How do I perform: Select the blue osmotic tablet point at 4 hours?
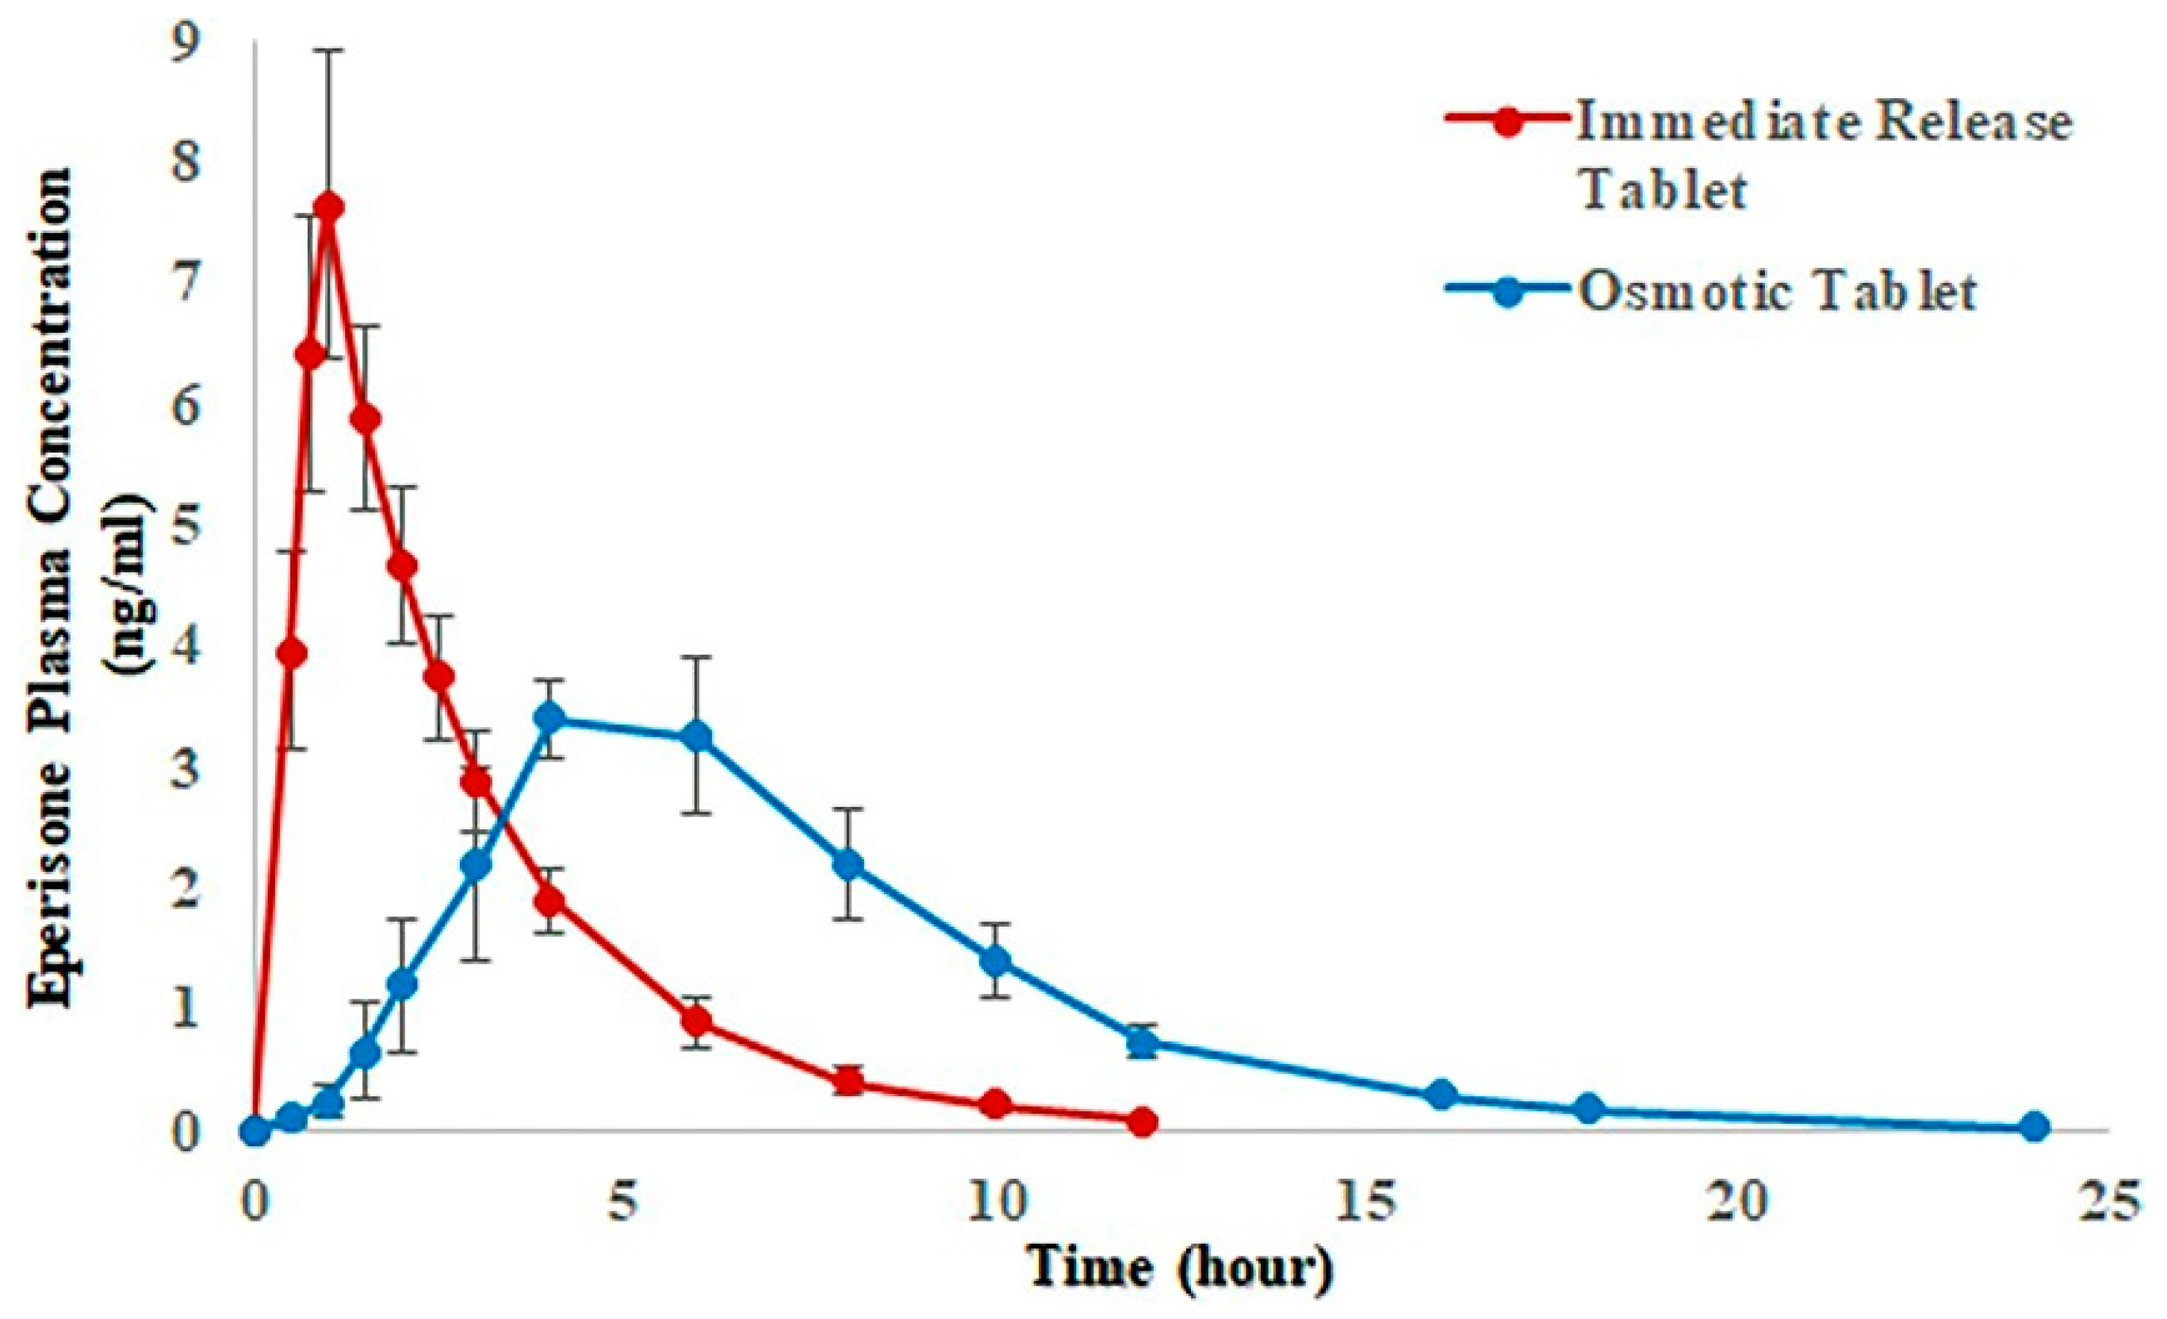[550, 718]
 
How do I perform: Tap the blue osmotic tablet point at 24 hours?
[2033, 1126]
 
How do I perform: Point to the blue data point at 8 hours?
[847, 866]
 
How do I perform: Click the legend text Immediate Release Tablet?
[1821, 155]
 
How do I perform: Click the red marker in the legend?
[1510, 120]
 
